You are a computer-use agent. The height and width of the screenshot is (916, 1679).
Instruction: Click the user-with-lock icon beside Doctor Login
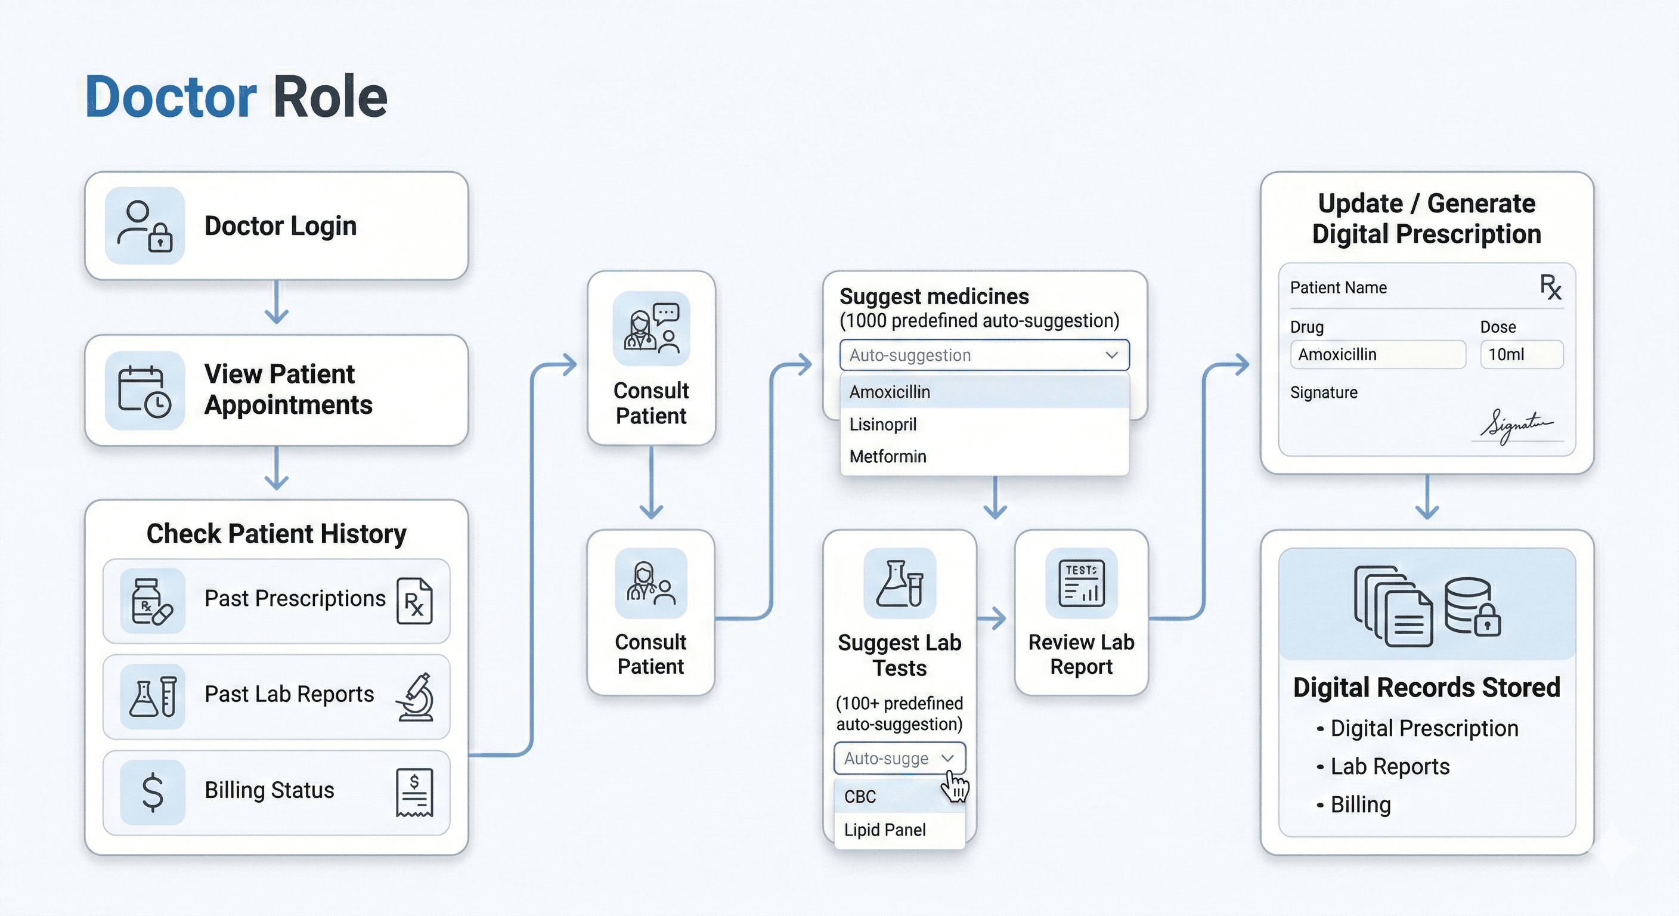[x=145, y=225]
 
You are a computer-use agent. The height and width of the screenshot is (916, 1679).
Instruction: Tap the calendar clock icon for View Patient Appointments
[x=145, y=391]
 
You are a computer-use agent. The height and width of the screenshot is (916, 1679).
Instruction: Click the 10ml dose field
[x=1521, y=355]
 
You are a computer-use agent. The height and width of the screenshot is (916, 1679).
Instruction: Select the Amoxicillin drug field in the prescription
[x=1378, y=355]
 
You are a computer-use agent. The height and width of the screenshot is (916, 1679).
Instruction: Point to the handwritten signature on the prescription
[x=1516, y=426]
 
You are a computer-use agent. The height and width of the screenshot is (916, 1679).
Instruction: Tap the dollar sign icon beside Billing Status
[x=153, y=792]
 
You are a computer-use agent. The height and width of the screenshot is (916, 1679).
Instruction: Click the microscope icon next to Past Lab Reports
[x=415, y=697]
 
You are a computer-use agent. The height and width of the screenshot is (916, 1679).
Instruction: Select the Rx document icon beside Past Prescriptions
[x=414, y=601]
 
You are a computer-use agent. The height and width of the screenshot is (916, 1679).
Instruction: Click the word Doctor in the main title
[x=171, y=97]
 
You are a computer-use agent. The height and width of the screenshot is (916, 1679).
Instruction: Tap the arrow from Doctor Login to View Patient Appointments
[x=277, y=302]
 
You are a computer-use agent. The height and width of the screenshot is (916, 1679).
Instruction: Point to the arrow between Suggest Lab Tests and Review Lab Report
[x=992, y=617]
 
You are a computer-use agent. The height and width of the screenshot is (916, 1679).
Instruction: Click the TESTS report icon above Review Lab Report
[x=1082, y=583]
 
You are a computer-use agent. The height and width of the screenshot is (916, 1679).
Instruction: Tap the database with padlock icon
[x=1472, y=606]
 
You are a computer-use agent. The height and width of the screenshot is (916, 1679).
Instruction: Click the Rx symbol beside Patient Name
[x=1551, y=287]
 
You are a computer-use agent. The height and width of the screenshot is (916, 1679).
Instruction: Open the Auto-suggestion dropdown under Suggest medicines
[x=984, y=355]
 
